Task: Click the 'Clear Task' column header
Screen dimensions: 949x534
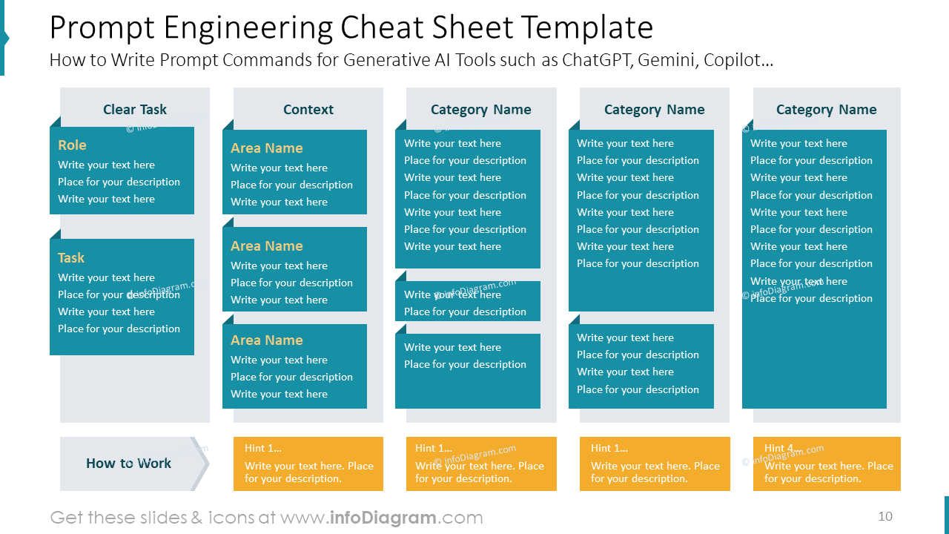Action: (135, 109)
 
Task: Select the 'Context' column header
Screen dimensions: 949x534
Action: (308, 109)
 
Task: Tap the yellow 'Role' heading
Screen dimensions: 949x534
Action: (72, 145)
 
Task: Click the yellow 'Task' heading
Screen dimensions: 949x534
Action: (71, 257)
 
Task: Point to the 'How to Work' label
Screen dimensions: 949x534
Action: (128, 464)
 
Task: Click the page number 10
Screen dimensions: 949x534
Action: (885, 516)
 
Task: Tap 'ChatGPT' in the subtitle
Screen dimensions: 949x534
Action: (598, 60)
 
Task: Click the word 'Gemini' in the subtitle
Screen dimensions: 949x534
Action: (668, 60)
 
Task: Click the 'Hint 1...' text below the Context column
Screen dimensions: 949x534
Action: (262, 448)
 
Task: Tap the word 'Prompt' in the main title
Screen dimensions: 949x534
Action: (102, 28)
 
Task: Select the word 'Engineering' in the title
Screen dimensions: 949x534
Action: (248, 28)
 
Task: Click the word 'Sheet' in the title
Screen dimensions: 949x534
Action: (472, 27)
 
